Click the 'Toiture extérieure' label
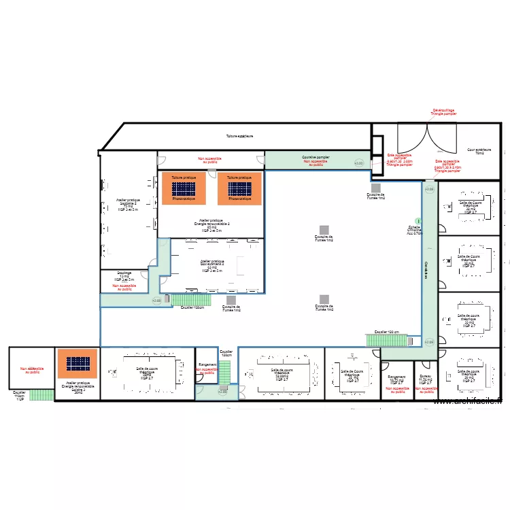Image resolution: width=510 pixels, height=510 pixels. pos(239,136)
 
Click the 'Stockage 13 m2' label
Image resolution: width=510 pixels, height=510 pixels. pos(124,276)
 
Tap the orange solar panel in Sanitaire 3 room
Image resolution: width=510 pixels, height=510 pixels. pos(77,364)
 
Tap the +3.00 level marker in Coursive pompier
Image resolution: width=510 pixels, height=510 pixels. pos(359,163)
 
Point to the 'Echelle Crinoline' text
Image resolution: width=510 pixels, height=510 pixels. pos(414,231)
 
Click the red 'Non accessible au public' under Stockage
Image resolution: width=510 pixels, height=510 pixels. pos(124,287)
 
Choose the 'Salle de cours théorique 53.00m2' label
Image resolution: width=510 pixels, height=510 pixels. pos(280,375)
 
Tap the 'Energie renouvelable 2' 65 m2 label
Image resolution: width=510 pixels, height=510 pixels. pos(211,225)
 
